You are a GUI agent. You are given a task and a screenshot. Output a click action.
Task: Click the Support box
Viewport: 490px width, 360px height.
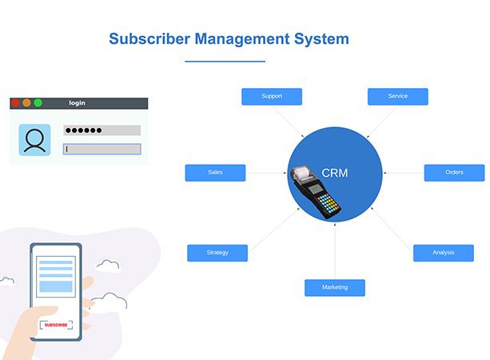coord(272,97)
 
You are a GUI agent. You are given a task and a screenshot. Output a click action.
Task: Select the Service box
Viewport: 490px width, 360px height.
coord(397,97)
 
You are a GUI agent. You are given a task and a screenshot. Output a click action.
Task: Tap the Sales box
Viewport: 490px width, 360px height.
coord(215,173)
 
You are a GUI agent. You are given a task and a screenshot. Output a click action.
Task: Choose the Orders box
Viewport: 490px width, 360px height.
coord(454,173)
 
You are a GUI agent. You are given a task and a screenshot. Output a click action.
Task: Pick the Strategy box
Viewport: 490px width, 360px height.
coord(217,253)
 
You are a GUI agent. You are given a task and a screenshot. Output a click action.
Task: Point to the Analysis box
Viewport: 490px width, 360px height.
coord(443,253)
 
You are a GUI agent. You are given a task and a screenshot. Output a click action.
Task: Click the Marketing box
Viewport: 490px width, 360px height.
coord(334,287)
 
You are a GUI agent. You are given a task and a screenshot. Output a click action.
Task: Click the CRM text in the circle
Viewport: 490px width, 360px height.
coord(335,173)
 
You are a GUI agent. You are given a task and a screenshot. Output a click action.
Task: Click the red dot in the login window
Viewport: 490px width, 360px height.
coord(15,102)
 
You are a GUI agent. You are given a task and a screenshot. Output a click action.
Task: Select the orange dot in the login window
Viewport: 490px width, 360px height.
coord(26,102)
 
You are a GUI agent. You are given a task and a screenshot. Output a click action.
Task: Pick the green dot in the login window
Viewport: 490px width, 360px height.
coord(38,102)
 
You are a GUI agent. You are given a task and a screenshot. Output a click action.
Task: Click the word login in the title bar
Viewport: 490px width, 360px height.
coord(77,102)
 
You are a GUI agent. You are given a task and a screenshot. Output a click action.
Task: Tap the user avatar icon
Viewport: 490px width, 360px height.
coord(34,140)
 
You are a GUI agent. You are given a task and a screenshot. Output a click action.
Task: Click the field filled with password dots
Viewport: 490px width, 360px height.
coord(102,130)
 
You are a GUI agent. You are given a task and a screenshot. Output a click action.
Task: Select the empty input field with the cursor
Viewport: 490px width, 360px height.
coord(102,149)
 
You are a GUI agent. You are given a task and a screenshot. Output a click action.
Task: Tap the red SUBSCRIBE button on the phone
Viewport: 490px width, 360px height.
coord(56,325)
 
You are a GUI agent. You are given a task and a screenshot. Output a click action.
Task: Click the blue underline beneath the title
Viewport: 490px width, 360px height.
coord(225,61)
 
